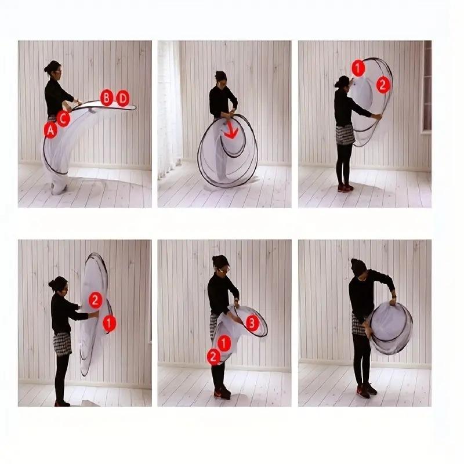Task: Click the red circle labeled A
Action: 50,129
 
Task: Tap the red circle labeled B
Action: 107,97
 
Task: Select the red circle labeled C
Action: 63,118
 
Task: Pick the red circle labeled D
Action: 123,98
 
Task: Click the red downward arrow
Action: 231,129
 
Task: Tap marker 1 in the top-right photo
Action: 358,68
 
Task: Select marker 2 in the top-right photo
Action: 383,85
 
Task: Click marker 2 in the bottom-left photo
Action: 96,300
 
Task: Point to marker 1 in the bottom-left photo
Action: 109,323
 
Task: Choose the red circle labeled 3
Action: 252,323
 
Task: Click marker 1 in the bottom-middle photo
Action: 224,343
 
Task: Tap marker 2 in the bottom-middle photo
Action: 213,357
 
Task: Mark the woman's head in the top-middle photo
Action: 222,79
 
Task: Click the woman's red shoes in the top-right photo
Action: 345,187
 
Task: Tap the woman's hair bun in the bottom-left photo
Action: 52,284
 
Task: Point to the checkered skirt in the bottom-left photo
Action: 62,343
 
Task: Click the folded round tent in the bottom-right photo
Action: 390,328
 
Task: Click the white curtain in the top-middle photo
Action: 169,110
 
